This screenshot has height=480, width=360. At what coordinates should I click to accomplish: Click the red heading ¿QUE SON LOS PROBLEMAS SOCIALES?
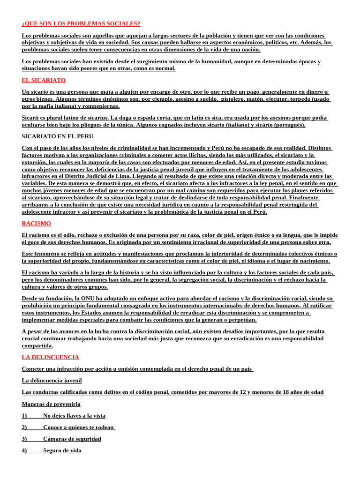pos(81,23)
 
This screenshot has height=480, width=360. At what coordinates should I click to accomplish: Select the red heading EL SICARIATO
pos(44,80)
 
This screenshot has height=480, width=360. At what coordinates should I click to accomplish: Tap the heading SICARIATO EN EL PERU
pos(58,136)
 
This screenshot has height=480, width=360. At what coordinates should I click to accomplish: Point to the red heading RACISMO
pos(37,223)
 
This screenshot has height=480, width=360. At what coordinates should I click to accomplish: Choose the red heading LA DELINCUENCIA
pos(51,357)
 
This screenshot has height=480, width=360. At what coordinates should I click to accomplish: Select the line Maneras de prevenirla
pos(51,404)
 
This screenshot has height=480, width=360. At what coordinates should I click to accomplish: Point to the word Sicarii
pos(32,118)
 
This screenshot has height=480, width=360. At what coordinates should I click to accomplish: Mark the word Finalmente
pos(317,197)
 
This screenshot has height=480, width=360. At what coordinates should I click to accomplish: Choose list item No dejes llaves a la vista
pos(74,415)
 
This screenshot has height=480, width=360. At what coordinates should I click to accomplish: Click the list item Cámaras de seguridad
pos(72,439)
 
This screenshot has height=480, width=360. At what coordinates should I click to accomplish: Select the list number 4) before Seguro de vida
pos(24,450)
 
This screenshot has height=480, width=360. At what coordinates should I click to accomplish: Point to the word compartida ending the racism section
pos(37,345)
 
